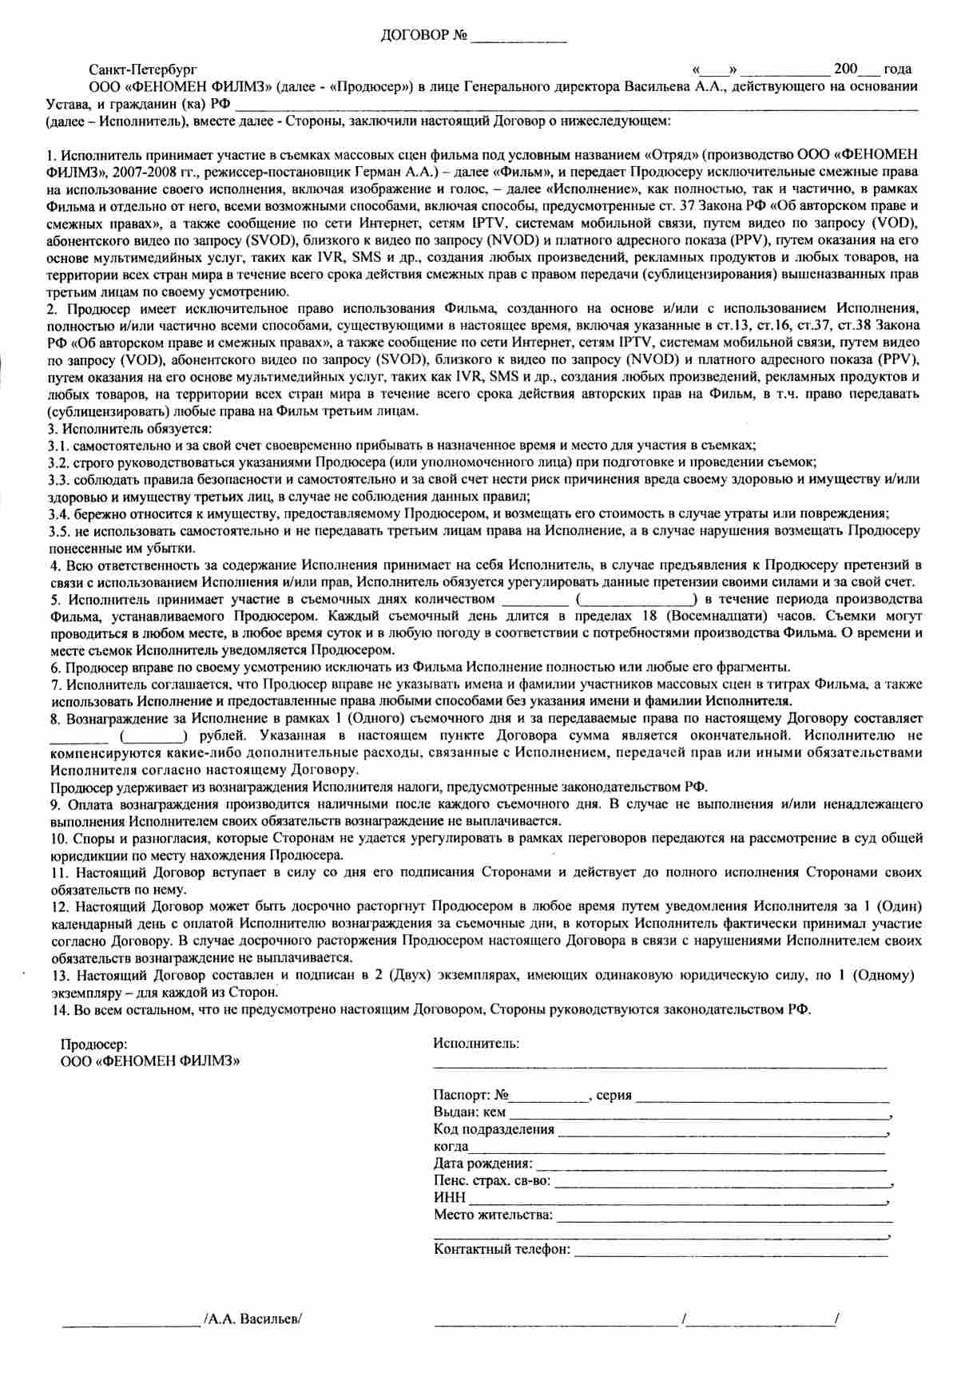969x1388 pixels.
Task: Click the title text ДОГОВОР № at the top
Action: [x=423, y=37]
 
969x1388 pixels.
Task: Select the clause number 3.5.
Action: [x=59, y=531]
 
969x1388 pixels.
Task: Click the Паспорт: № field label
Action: [x=471, y=1095]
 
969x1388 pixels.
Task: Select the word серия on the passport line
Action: [x=614, y=1095]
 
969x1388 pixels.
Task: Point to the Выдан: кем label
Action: [x=469, y=1112]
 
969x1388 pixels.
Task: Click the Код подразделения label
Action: [x=494, y=1129]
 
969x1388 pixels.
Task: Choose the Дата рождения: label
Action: [x=483, y=1164]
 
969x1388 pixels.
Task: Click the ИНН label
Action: [x=449, y=1198]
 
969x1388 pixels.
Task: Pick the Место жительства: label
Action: [x=493, y=1215]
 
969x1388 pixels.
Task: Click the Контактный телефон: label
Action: [x=502, y=1249]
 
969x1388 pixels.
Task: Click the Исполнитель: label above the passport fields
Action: [x=476, y=1043]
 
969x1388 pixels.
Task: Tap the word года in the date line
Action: [x=898, y=69]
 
